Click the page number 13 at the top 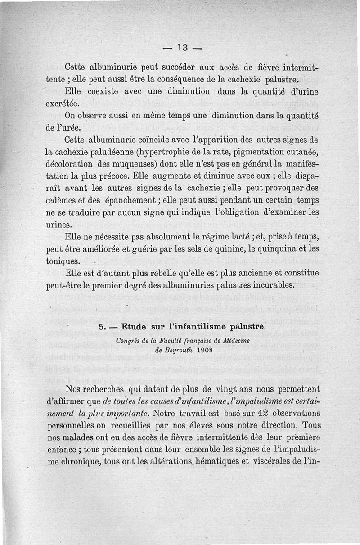[182, 47]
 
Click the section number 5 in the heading [102, 327]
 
